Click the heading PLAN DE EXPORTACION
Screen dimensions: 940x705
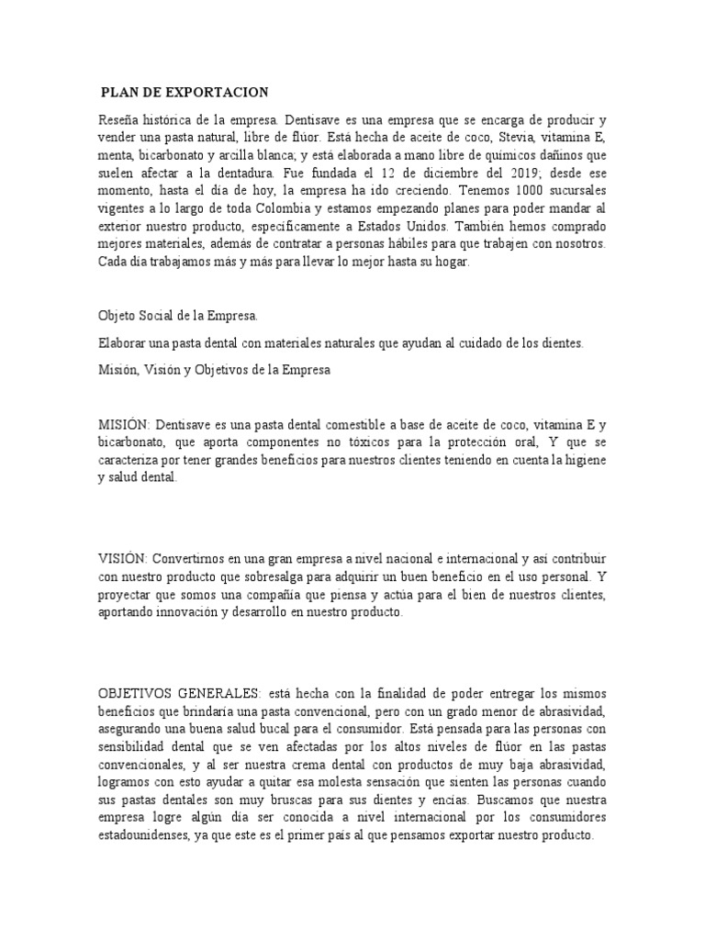click(x=185, y=92)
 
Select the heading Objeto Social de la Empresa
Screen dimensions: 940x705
click(x=178, y=315)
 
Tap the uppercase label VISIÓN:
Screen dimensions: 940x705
click(x=122, y=558)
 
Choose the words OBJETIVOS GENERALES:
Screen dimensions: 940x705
click(x=179, y=691)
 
